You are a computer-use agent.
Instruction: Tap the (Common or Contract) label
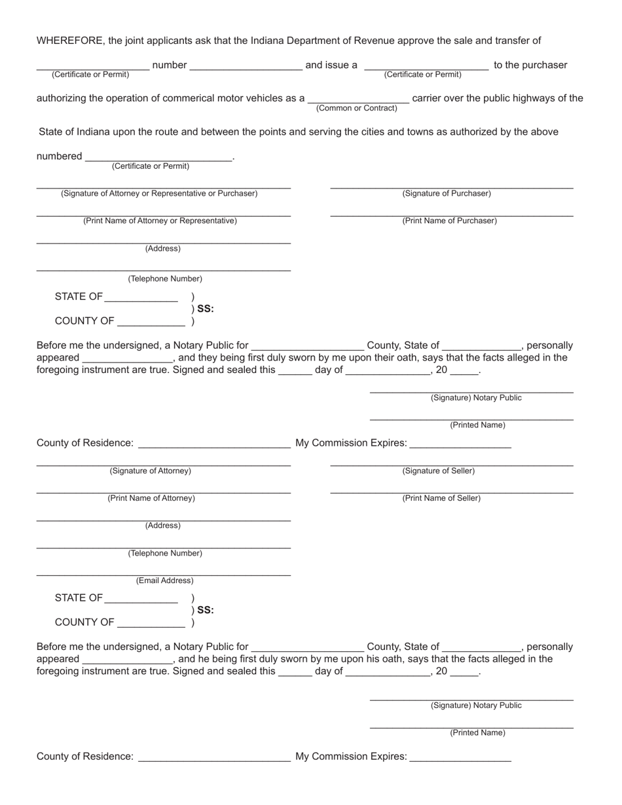[357, 108]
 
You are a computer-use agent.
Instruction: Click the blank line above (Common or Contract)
[358, 103]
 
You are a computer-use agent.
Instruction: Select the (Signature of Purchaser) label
[447, 194]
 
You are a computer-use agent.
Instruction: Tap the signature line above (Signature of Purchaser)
[452, 188]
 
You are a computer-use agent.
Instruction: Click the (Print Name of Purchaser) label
[449, 221]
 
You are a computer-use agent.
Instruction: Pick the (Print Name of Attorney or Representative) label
[160, 221]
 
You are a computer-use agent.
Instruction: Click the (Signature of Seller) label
[439, 471]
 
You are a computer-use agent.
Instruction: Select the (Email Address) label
[165, 581]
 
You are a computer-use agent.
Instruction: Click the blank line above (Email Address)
[164, 575]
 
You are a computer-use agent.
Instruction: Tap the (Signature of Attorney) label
[151, 471]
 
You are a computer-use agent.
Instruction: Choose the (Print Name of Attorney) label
[151, 499]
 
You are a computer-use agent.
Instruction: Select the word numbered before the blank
[60, 156]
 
